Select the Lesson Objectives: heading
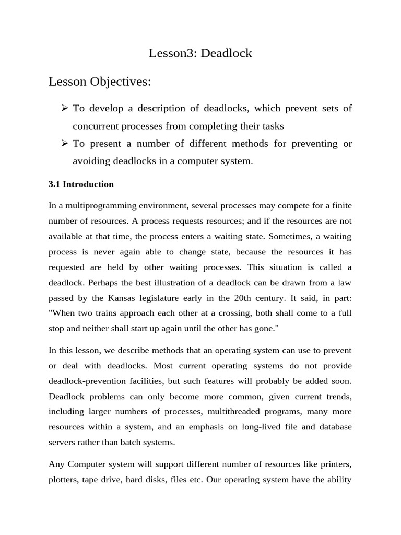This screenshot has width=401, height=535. pyautogui.click(x=100, y=82)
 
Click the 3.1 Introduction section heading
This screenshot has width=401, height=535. pyautogui.click(x=81, y=184)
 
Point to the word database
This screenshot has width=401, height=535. pyautogui.click(x=334, y=426)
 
